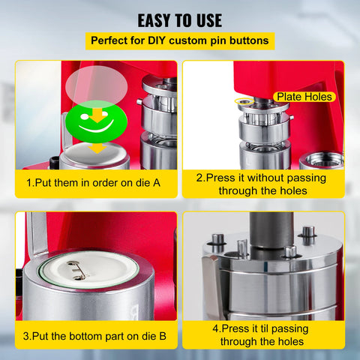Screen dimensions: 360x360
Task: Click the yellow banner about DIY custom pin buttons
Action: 179,40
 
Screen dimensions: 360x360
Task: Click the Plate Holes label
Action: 304,97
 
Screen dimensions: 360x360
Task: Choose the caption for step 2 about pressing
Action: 263,184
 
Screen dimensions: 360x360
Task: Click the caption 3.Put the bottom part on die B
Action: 96,334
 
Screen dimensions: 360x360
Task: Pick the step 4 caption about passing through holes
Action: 263,334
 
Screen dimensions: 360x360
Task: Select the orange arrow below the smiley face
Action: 97,148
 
